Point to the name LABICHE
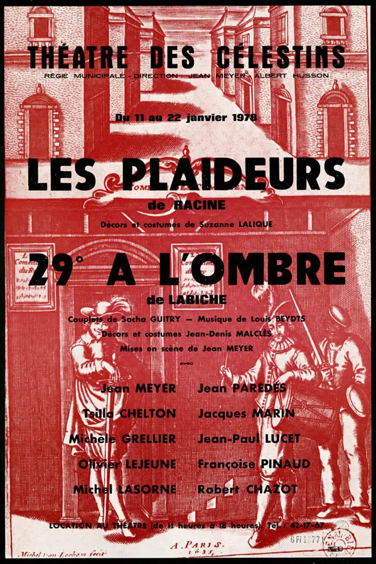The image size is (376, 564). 196,300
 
